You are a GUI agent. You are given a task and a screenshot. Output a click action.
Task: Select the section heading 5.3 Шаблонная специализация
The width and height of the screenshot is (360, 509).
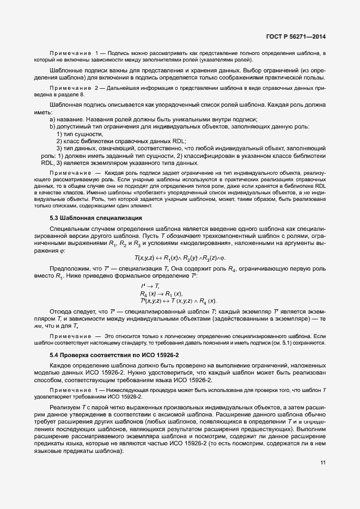point(96,218)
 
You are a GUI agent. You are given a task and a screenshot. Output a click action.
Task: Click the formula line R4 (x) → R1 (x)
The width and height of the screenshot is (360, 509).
point(161,293)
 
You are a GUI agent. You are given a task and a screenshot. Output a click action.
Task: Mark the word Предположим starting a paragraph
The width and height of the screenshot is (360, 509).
point(68,269)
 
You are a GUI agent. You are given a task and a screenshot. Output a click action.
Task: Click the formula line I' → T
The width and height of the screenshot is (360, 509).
point(149,286)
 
